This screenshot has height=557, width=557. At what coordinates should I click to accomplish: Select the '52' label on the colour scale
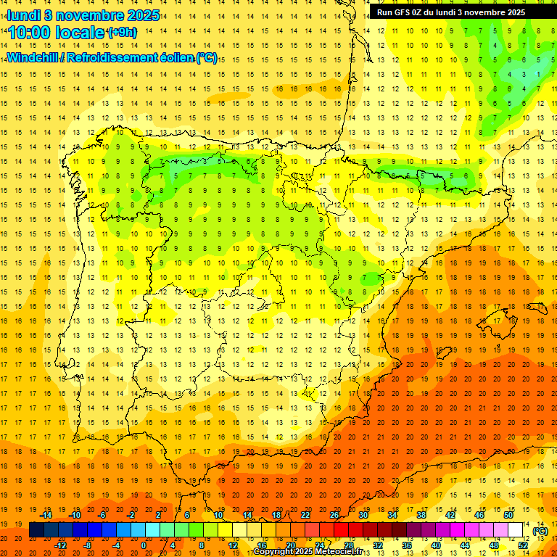tap(523, 545)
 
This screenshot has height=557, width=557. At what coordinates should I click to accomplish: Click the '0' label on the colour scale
tap(144, 545)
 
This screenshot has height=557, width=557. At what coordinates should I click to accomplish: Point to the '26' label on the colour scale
tap(334, 515)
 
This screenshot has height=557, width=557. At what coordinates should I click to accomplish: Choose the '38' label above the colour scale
tap(421, 515)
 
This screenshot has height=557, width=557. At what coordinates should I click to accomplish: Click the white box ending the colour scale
tap(516, 530)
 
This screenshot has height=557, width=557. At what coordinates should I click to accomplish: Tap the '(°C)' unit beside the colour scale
tap(540, 531)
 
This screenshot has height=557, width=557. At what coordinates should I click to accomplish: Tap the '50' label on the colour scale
tap(508, 515)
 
